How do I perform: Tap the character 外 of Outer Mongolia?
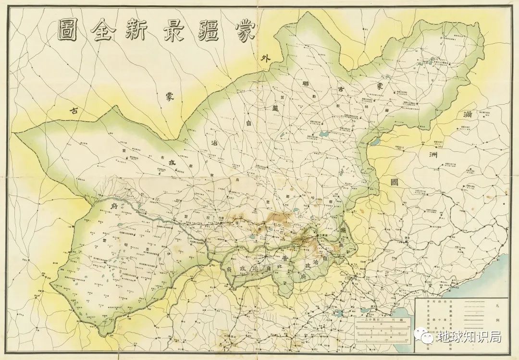click(264, 60)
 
